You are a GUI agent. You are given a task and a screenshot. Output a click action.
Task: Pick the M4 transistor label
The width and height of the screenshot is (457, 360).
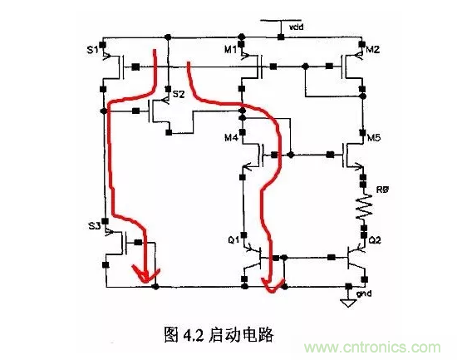tap(229, 137)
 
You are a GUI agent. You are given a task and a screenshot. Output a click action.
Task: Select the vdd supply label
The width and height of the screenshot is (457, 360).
tap(296, 28)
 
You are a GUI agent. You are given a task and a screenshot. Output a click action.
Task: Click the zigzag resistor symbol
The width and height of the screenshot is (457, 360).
tap(363, 205)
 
